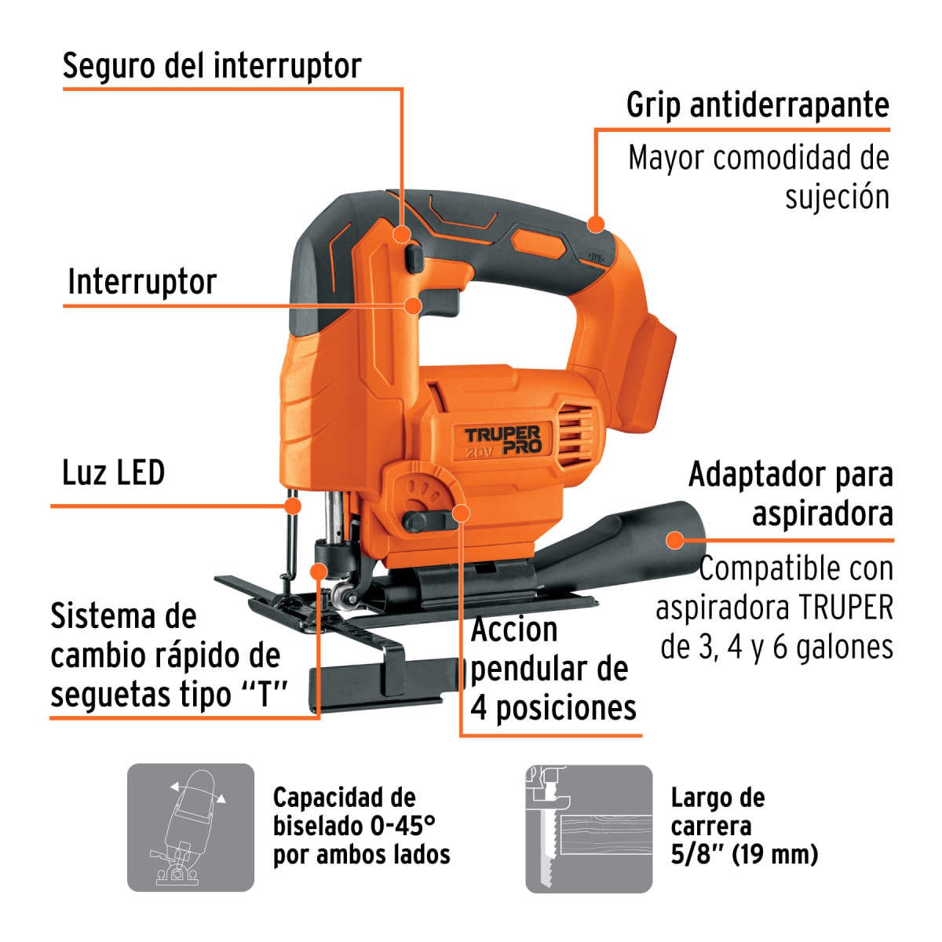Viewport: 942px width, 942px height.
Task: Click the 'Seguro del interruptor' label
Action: coord(211,66)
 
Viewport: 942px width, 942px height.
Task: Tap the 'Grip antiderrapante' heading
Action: coord(758,105)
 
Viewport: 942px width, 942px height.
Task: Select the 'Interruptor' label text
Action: coord(142,282)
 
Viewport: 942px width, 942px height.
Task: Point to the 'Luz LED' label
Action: coord(113,473)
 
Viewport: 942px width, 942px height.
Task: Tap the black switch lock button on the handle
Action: coord(414,257)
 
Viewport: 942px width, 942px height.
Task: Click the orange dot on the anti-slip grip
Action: coord(596,224)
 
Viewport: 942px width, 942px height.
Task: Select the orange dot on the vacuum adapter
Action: coord(674,539)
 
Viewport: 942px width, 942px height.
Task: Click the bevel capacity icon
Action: coord(191,827)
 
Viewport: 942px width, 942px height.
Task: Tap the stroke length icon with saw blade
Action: coord(589,828)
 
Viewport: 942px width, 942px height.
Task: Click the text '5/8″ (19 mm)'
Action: coord(744,854)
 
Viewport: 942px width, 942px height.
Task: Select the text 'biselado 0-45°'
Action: coord(354,826)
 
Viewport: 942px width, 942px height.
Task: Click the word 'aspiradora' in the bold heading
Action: coord(822,514)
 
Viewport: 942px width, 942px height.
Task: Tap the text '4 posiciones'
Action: coord(553,708)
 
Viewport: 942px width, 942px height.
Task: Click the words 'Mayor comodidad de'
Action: coord(758,159)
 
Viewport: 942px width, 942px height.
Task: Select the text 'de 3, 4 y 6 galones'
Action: coord(776,648)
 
